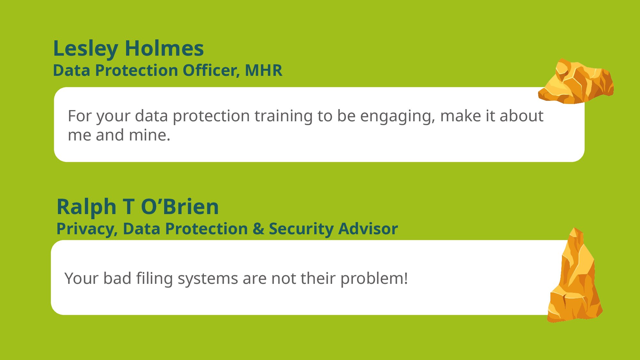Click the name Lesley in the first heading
[85, 49]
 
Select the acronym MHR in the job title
[264, 70]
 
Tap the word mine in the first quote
[149, 135]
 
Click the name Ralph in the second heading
[86, 207]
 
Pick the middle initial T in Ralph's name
[129, 207]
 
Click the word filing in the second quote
[155, 278]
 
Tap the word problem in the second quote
[372, 278]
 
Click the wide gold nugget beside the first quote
[576, 81]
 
